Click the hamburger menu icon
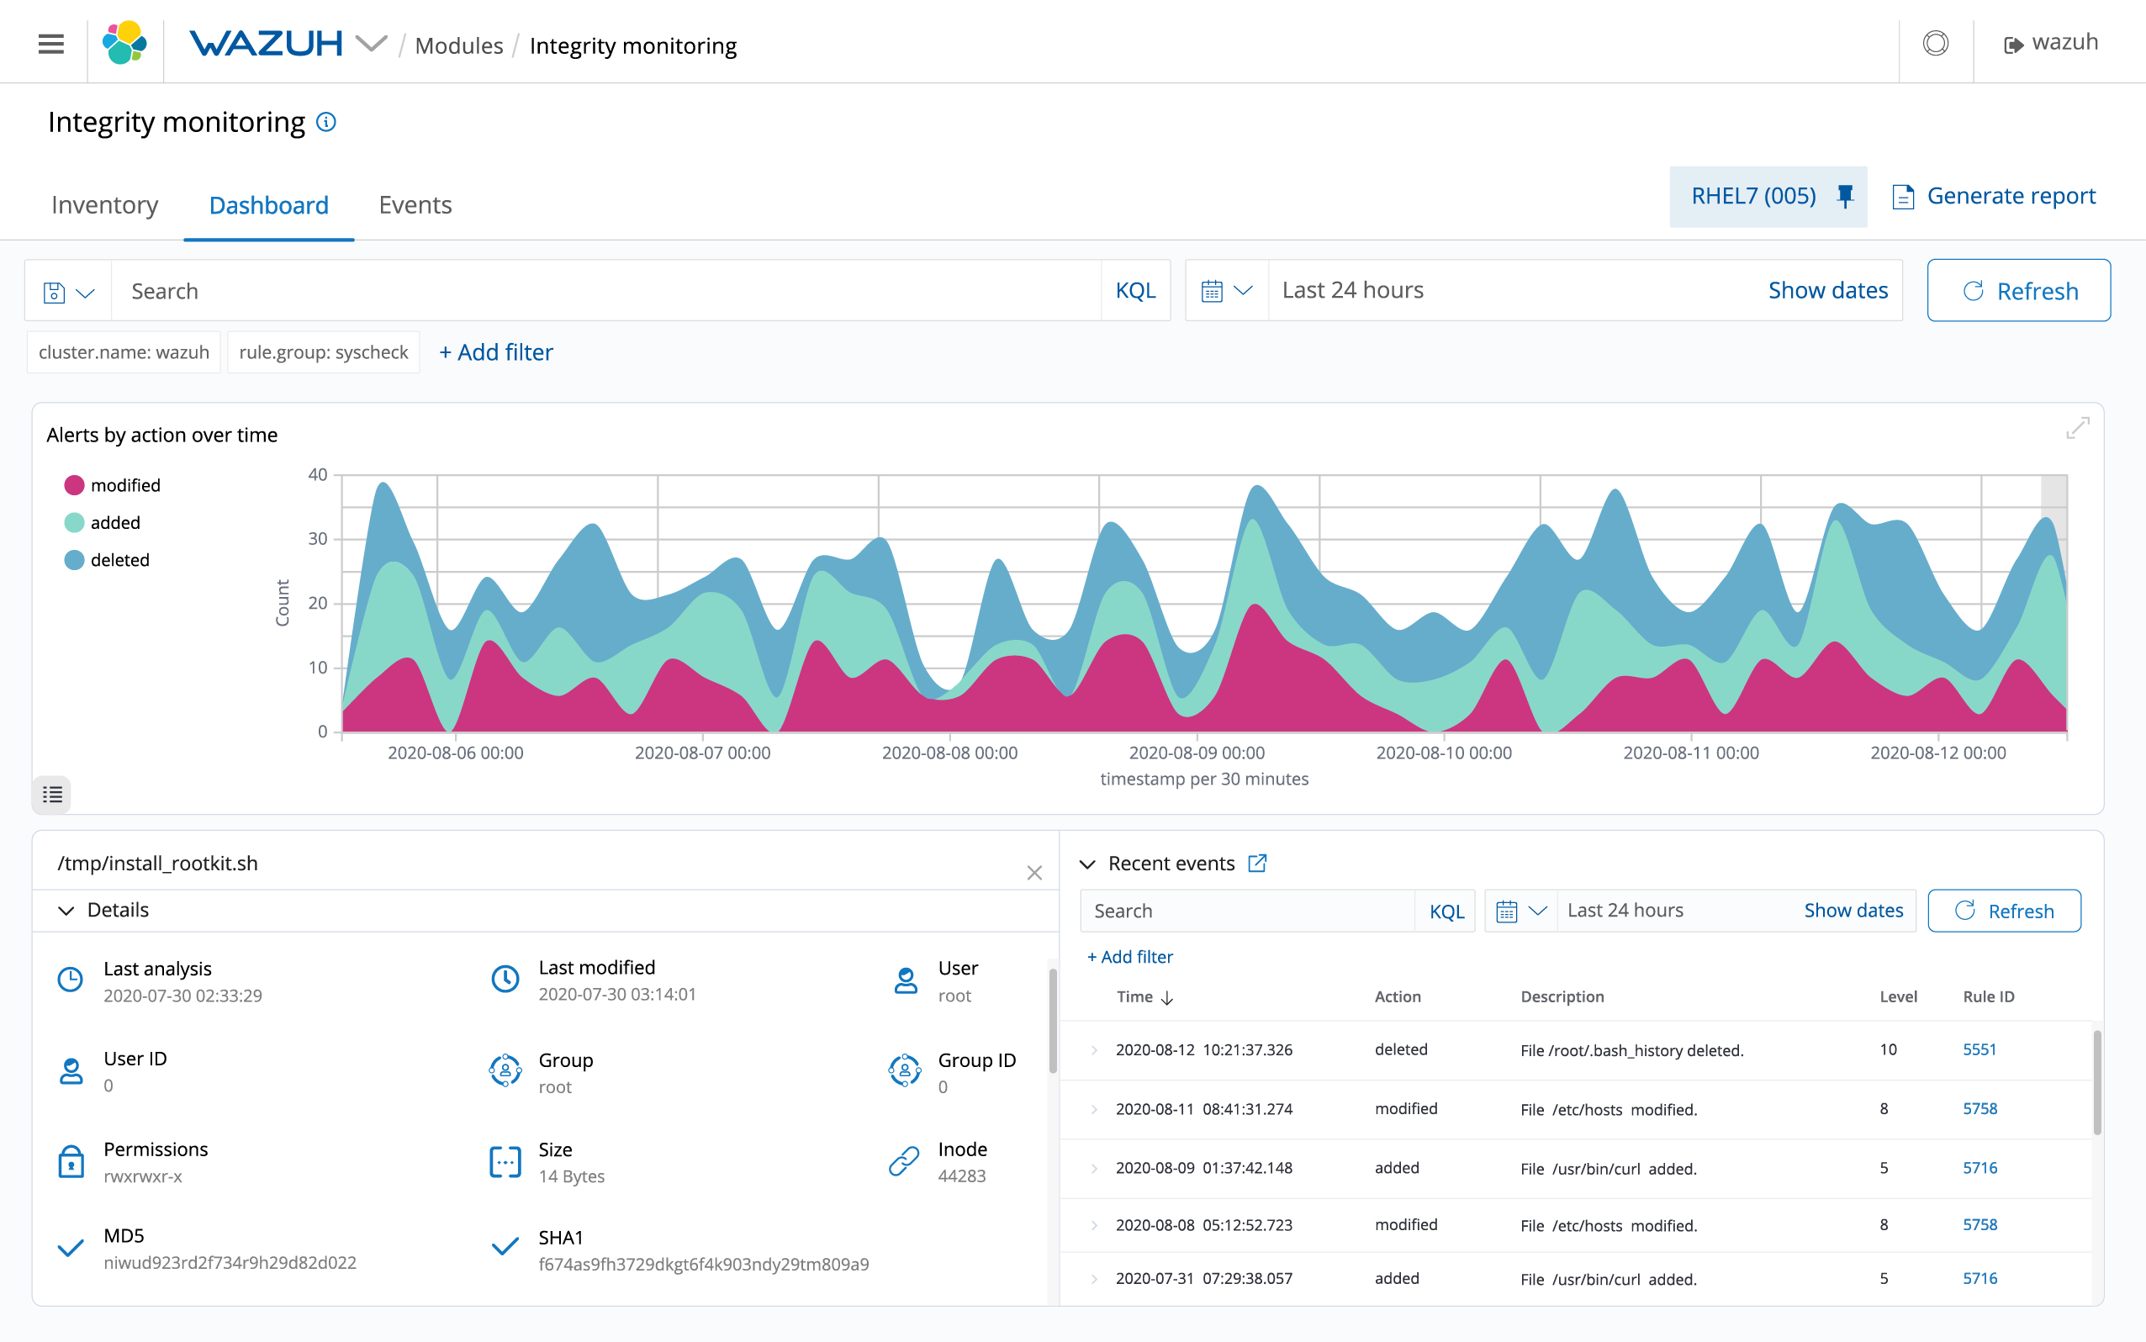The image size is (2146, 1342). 51,44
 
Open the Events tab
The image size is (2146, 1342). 415,205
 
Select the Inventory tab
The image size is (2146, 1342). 105,205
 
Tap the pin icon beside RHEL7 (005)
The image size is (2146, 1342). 1845,196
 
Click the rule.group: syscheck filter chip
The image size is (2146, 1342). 323,352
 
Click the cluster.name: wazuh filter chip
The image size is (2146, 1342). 124,352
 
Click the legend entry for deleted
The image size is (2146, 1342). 119,560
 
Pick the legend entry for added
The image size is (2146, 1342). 114,523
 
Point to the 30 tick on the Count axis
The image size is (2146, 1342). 318,539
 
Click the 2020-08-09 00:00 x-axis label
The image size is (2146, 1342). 1196,753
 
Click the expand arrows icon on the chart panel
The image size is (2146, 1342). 2077,429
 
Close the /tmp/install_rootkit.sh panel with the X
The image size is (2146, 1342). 1034,873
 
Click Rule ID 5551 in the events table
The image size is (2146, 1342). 1979,1049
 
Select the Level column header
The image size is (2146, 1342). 1897,996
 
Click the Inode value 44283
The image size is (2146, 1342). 961,1176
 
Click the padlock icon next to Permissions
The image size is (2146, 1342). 71,1162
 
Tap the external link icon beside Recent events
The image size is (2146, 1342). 1256,864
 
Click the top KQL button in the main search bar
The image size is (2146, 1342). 1135,291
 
